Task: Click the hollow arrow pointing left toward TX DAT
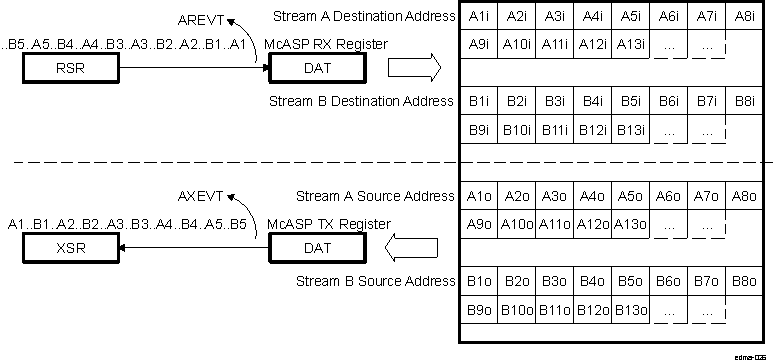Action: pos(413,246)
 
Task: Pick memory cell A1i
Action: pos(479,16)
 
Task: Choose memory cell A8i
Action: pos(743,16)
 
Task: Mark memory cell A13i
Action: pos(630,45)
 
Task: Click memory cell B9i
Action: pos(479,130)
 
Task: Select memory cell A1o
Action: pos(479,196)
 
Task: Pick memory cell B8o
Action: pos(743,281)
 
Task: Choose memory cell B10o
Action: pos(517,310)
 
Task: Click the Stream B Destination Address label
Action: pos(362,101)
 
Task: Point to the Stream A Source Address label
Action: pos(375,196)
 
